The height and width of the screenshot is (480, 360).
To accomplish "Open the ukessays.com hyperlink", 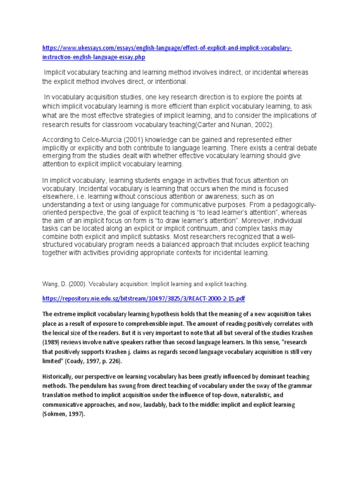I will pos(167,49).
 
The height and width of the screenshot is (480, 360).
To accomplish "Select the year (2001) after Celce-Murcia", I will pos(135,140).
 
